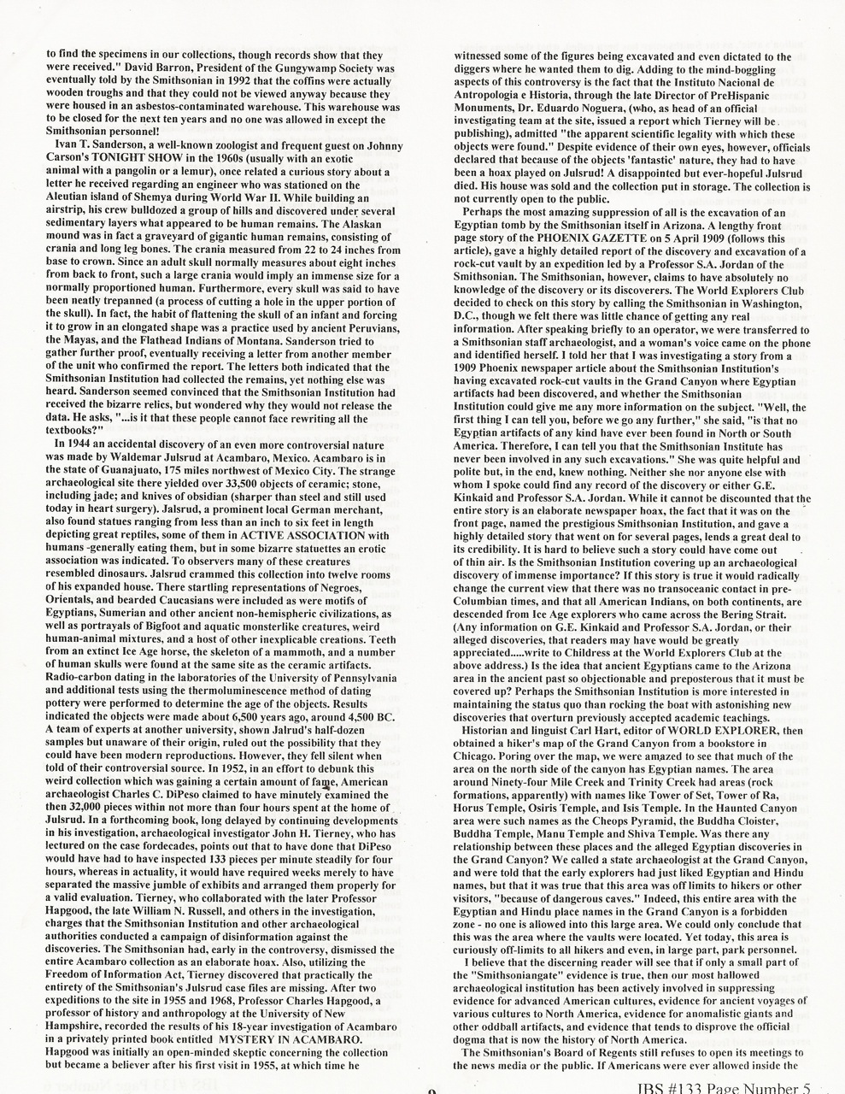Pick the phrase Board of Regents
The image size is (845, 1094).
[582, 1052]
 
